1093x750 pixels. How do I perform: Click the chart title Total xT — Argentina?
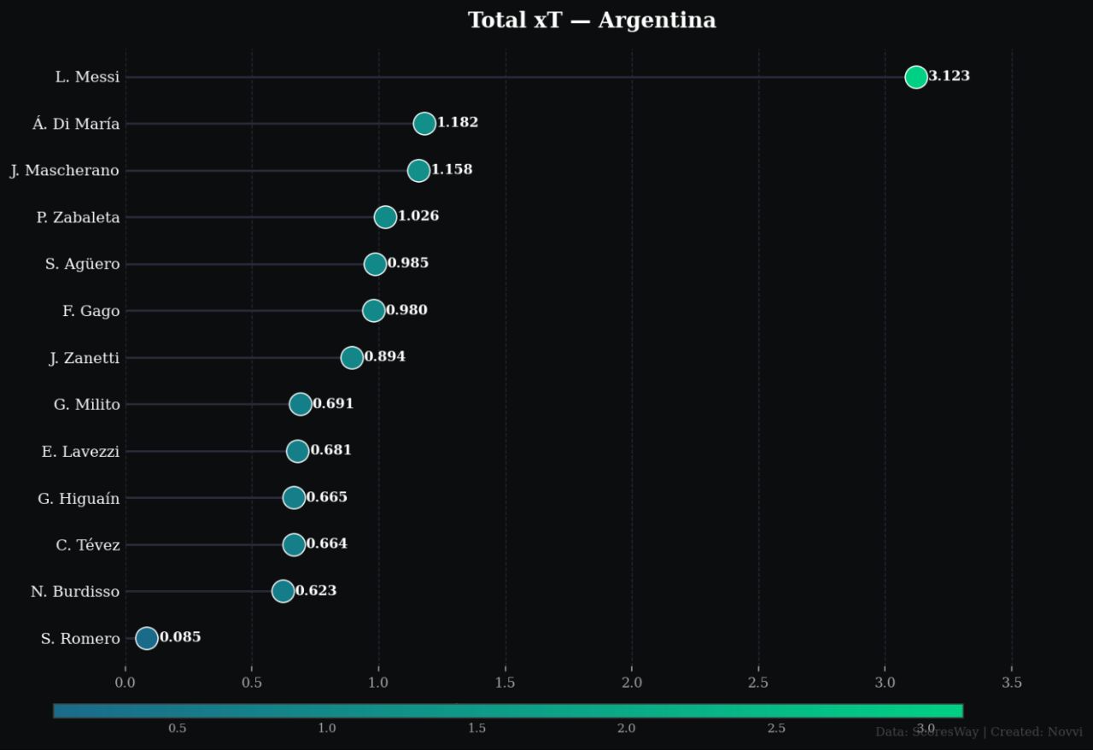[x=592, y=21]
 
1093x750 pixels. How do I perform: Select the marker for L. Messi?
[x=916, y=77]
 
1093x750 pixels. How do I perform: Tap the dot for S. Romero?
[x=147, y=638]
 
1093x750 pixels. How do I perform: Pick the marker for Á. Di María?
[x=424, y=124]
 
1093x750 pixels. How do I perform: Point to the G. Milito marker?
[x=301, y=404]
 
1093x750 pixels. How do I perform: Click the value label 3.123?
[x=949, y=76]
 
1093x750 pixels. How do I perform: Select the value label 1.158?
[x=451, y=170]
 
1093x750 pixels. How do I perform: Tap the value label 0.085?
[x=180, y=637]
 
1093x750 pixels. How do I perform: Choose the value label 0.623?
[x=316, y=591]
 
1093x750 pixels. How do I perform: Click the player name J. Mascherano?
[x=65, y=171]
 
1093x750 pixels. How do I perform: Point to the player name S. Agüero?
[x=83, y=265]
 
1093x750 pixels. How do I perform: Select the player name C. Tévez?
[x=88, y=545]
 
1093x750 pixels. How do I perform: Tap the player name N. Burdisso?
[x=75, y=592]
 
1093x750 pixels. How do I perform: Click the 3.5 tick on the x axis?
[x=1012, y=683]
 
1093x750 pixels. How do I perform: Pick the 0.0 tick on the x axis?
[x=126, y=683]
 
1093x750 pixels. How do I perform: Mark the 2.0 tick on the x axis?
[x=632, y=683]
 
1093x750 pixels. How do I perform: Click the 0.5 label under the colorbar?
[x=178, y=729]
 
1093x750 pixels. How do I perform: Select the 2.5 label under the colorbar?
[x=776, y=729]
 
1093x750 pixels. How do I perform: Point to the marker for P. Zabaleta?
[x=385, y=217]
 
